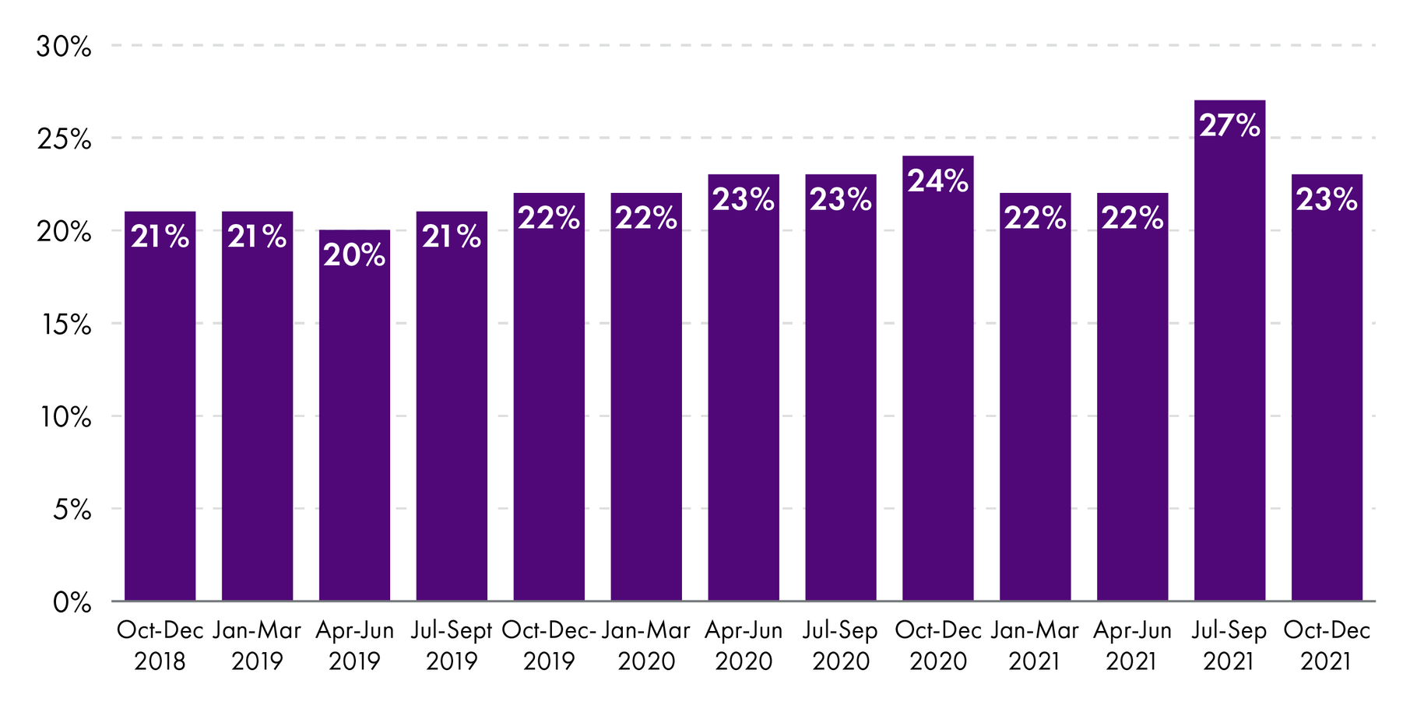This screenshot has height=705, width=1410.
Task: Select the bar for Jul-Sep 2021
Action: pos(1229,350)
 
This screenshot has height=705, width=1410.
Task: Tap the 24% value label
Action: pos(937,181)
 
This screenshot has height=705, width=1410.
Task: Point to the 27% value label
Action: pos(1229,125)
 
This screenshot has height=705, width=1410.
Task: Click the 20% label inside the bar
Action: pos(354,255)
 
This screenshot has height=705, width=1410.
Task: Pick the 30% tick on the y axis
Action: pos(64,47)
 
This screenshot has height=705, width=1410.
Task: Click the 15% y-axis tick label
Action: pos(64,324)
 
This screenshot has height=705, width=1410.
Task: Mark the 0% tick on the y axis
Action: pos(72,602)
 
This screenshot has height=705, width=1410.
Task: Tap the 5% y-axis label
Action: pos(72,510)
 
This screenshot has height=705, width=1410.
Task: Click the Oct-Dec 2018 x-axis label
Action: pos(160,646)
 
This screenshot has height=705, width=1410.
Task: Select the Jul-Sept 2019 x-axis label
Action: pos(452,646)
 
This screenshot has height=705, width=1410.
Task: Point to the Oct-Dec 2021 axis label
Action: pos(1326,646)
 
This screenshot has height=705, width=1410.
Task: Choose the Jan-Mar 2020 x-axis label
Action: pos(646,646)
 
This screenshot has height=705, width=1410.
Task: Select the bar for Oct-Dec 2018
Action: pos(160,405)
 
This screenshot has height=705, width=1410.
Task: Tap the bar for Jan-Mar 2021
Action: pos(1035,397)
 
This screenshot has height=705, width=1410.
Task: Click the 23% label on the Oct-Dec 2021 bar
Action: pos(1326,200)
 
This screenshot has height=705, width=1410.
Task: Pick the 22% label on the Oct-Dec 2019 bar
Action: pos(549,219)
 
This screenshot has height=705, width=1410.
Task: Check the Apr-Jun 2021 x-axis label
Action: pos(1132,646)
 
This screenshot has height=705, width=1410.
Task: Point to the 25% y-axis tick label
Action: pos(64,139)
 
